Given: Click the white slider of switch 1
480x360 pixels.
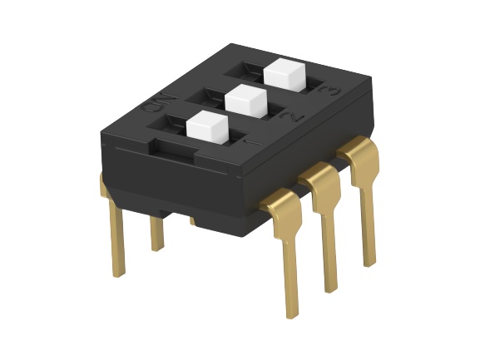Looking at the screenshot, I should point(205,127).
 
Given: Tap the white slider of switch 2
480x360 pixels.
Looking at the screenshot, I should point(245,100).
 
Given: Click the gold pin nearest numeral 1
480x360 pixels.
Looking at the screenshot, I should point(287,249).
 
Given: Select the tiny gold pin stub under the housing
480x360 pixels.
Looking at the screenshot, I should point(193,220).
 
